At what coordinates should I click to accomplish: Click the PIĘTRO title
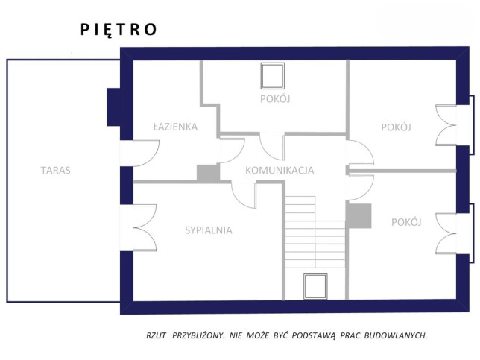tap(119, 30)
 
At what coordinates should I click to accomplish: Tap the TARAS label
tap(56, 170)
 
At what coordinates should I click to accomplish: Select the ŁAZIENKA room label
tap(175, 127)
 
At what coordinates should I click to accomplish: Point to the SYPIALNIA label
tap(209, 230)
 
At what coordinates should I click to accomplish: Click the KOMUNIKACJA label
tap(280, 171)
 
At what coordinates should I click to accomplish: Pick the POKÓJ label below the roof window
tap(275, 99)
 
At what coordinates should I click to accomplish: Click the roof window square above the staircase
tap(315, 286)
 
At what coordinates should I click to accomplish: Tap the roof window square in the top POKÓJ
tap(273, 76)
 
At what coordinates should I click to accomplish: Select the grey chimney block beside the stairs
tap(359, 216)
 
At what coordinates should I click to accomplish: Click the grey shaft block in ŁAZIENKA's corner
tap(208, 173)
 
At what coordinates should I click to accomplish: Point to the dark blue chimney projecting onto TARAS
tap(113, 107)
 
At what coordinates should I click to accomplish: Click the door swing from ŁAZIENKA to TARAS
tap(146, 154)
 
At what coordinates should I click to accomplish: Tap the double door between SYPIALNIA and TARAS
tap(145, 228)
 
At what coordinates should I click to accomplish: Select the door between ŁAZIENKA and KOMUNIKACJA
tap(232, 151)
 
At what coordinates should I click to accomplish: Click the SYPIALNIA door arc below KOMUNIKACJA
tap(244, 195)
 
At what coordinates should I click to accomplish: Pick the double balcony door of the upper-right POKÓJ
tap(446, 125)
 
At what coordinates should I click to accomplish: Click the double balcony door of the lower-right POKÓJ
tap(446, 233)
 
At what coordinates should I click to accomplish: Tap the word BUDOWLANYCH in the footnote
tap(396, 335)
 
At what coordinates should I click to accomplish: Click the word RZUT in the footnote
tap(156, 335)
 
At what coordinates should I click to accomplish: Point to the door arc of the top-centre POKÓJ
tap(272, 147)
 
